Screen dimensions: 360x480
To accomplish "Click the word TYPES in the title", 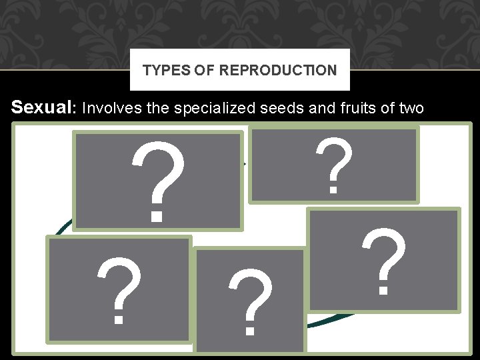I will coord(161,70).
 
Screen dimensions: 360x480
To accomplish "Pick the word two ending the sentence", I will coord(409,109).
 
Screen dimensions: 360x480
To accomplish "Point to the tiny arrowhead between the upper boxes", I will coord(245,163).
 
